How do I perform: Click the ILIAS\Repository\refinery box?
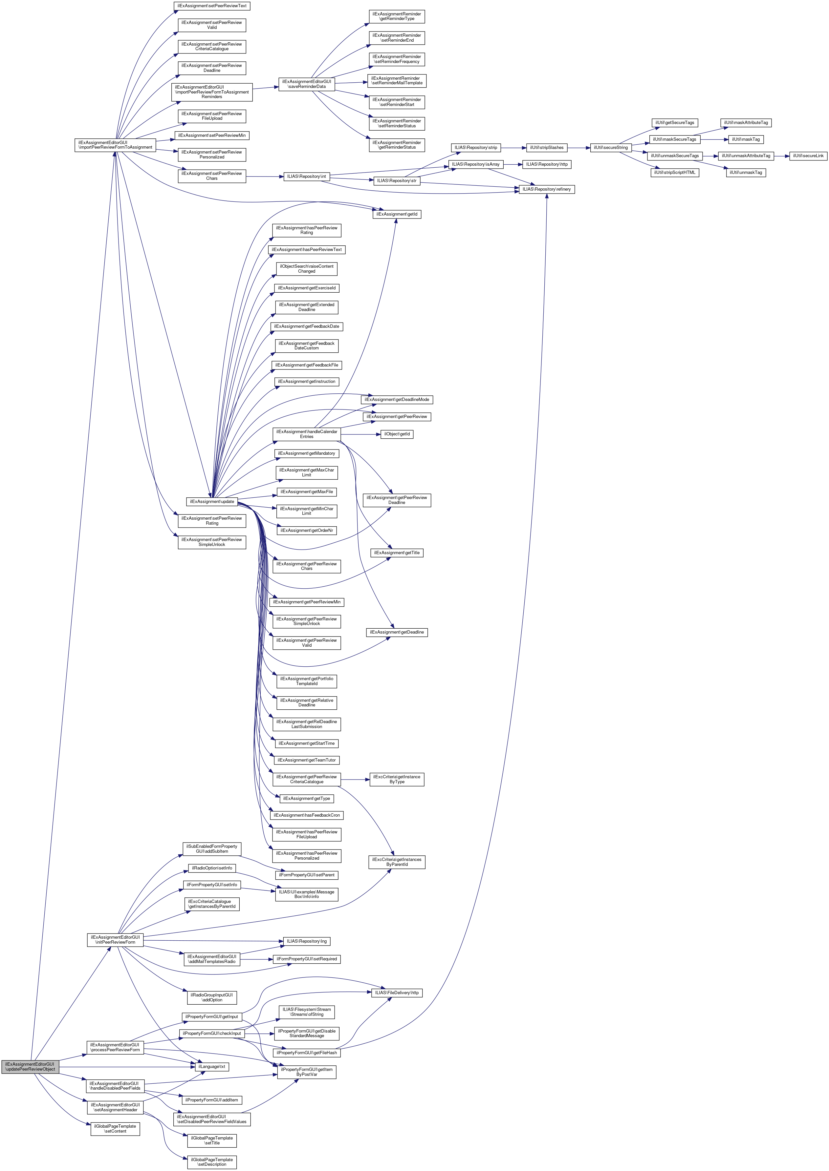click(546, 189)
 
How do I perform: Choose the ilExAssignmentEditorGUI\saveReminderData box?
click(306, 84)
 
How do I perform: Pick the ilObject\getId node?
click(397, 434)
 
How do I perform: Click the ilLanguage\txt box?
click(211, 1066)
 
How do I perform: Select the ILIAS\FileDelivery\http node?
click(397, 1003)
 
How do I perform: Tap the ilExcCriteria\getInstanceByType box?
click(397, 779)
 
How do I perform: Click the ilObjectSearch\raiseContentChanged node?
click(306, 269)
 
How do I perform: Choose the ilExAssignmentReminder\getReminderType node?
click(397, 16)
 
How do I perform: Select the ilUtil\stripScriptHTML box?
click(674, 172)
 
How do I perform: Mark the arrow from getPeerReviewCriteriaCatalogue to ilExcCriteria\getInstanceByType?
click(355, 779)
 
